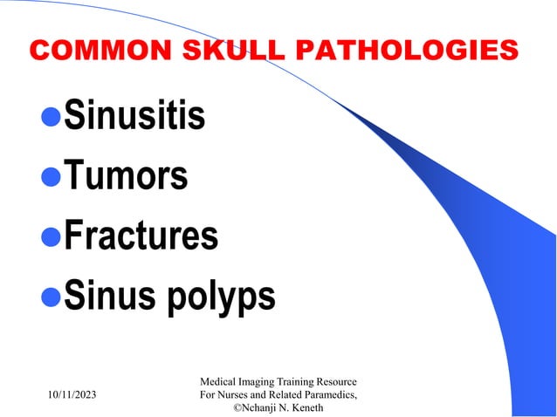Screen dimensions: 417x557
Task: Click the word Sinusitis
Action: pos(134,116)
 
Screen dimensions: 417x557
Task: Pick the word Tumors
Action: pos(126,176)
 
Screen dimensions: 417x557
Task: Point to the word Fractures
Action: pos(141,236)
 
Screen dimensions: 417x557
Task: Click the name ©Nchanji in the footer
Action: pos(259,409)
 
